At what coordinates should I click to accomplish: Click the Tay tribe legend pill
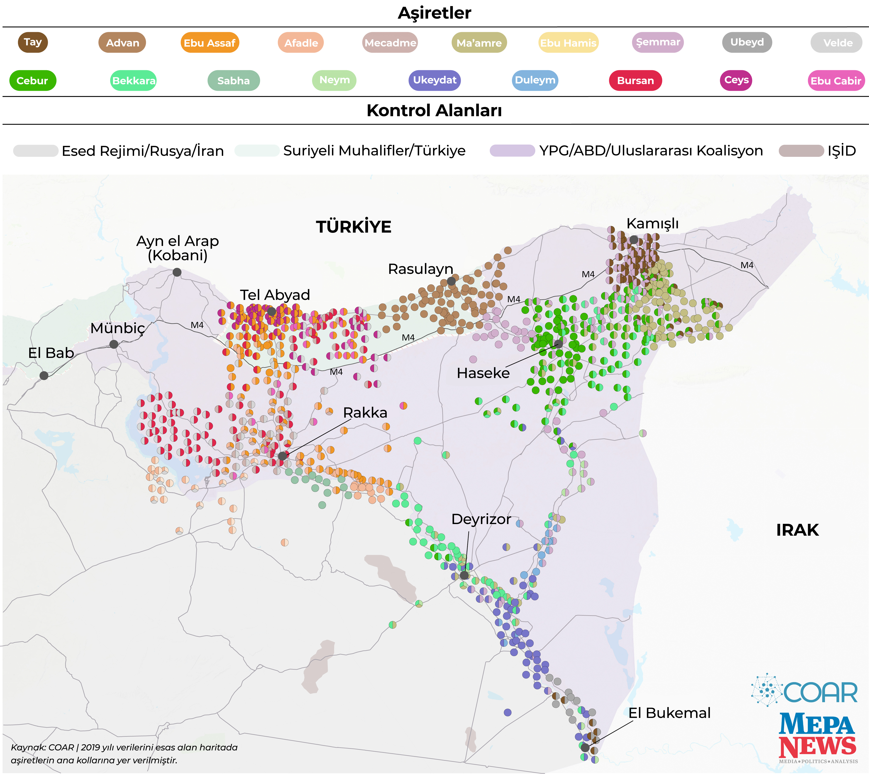coord(33,42)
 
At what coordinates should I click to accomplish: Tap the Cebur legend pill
coord(32,80)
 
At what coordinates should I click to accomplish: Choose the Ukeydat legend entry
coord(434,80)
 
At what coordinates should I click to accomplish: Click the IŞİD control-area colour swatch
coord(801,150)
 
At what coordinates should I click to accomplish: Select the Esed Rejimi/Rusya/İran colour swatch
coord(36,150)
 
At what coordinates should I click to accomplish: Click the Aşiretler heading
coord(434,13)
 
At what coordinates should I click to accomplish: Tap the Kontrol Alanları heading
coord(434,110)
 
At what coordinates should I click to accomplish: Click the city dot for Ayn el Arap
coord(177,272)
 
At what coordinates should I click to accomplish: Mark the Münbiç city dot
coord(113,344)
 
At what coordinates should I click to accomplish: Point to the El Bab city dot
coord(44,375)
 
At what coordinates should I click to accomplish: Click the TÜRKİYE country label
coord(353,227)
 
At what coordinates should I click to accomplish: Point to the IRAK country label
coord(797,530)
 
